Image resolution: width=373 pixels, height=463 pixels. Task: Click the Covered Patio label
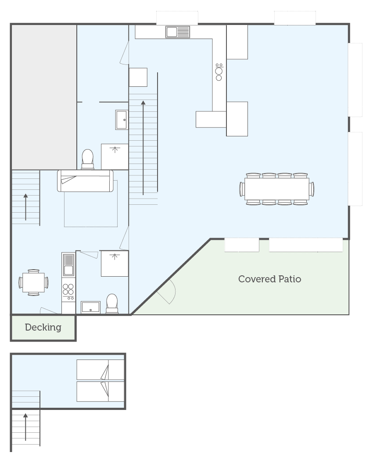[269, 279]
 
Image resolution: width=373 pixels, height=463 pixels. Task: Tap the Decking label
[43, 327]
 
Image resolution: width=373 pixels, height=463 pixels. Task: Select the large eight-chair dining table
[276, 189]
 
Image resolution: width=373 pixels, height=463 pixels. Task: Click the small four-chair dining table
[33, 282]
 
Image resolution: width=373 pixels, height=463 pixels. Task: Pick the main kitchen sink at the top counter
[178, 32]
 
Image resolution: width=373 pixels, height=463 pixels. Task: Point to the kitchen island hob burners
[219, 71]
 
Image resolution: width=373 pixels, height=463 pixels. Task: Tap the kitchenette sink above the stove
[68, 264]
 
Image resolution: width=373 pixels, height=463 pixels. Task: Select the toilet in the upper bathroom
[87, 159]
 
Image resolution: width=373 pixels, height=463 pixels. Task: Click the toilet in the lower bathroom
[112, 303]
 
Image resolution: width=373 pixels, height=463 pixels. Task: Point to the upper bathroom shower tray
[115, 157]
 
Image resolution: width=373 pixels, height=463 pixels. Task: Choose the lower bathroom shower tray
[115, 264]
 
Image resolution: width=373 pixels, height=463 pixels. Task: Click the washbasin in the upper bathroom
[122, 120]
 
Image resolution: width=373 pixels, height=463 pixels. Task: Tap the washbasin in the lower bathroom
[91, 307]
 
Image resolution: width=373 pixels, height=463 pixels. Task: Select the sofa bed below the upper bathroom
[86, 181]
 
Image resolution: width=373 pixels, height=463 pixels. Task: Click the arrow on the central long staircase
[143, 148]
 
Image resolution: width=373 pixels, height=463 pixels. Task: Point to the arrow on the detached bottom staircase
[26, 427]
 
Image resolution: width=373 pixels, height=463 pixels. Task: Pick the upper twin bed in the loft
[100, 370]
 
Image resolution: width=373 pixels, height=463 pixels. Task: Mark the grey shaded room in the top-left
[44, 97]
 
